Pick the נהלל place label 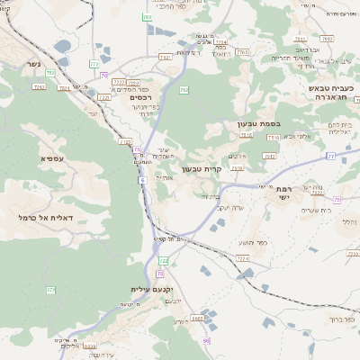click(348, 220)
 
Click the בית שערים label click(310, 210)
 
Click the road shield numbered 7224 click(242, 257)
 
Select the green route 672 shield click(51, 289)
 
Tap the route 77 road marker click(330, 156)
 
